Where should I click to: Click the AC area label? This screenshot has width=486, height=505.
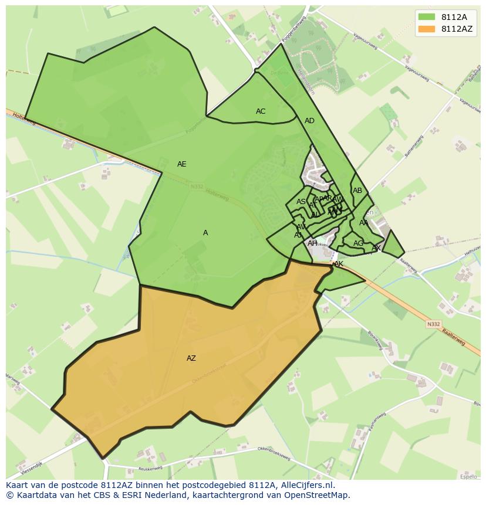pyautogui.click(x=261, y=111)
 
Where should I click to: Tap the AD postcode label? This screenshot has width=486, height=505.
pyautogui.click(x=309, y=121)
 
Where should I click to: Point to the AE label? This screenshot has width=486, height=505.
pyautogui.click(x=182, y=164)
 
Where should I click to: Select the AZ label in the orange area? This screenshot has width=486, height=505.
pyautogui.click(x=191, y=358)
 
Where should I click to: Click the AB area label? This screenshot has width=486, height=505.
pyautogui.click(x=357, y=191)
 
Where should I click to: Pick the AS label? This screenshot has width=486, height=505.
pyautogui.click(x=301, y=202)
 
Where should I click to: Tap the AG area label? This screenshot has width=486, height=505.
pyautogui.click(x=358, y=243)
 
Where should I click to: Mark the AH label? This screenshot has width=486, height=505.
pyautogui.click(x=312, y=243)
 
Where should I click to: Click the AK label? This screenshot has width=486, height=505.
pyautogui.click(x=338, y=265)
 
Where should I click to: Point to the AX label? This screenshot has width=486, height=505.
pyautogui.click(x=376, y=248)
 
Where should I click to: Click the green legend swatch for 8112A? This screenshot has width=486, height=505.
pyautogui.click(x=427, y=17)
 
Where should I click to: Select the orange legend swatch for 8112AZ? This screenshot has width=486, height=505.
pyautogui.click(x=427, y=29)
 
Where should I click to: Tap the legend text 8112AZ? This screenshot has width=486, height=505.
pyautogui.click(x=457, y=29)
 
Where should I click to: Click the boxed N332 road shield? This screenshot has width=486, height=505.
pyautogui.click(x=433, y=324)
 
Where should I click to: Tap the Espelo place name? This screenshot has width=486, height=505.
pyautogui.click(x=468, y=477)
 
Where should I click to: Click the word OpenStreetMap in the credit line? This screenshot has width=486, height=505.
pyautogui.click(x=316, y=495)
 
